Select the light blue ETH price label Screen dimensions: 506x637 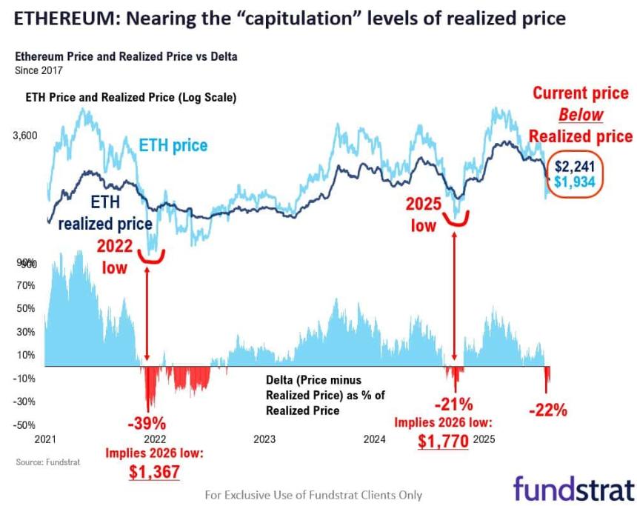point(173,144)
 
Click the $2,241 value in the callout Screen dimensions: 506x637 point(575,166)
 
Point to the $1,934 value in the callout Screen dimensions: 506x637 point(575,182)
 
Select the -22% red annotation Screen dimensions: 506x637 point(548,409)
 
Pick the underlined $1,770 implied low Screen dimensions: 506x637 point(443,442)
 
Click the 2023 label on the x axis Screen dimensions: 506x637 point(264,439)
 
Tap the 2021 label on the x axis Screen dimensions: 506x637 point(46,439)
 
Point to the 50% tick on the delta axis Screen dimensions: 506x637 point(26,308)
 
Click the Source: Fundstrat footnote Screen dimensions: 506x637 point(47,462)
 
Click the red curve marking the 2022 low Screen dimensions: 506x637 point(152,256)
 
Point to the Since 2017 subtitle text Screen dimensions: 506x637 point(39,70)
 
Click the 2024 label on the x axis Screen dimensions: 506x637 point(375,439)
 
